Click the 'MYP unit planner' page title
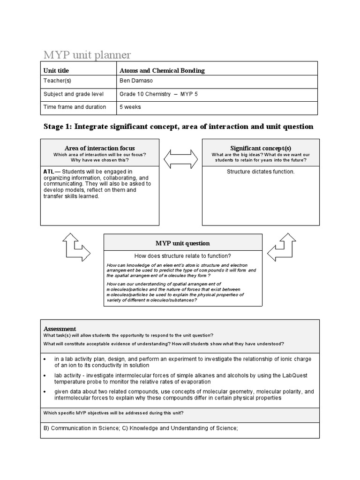click(x=87, y=55)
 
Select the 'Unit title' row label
click(x=56, y=71)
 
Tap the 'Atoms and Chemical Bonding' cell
click(x=162, y=71)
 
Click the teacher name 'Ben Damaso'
click(x=136, y=82)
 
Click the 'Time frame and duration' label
click(x=75, y=107)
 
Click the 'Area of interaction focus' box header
click(x=99, y=148)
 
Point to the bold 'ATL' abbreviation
click(x=49, y=172)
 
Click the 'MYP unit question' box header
click(x=183, y=243)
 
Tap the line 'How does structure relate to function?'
click(x=183, y=256)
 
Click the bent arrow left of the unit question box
click(x=76, y=247)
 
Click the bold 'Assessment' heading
click(x=60, y=329)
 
